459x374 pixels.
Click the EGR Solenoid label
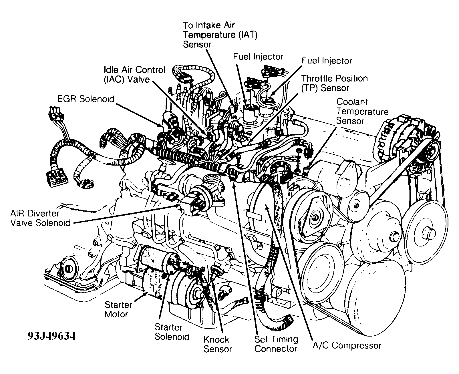[86, 99]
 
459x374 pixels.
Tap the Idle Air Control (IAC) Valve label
[134, 74]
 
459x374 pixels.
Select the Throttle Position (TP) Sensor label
[335, 83]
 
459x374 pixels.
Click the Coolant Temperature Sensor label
[362, 111]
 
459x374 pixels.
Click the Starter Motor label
[118, 309]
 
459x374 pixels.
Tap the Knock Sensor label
[217, 344]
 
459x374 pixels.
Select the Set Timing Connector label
[276, 344]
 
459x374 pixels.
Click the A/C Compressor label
[347, 345]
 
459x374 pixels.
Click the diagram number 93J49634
[51, 336]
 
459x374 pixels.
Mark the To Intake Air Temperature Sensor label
[220, 35]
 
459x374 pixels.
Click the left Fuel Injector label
[258, 57]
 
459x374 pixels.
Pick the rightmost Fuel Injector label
[327, 61]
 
